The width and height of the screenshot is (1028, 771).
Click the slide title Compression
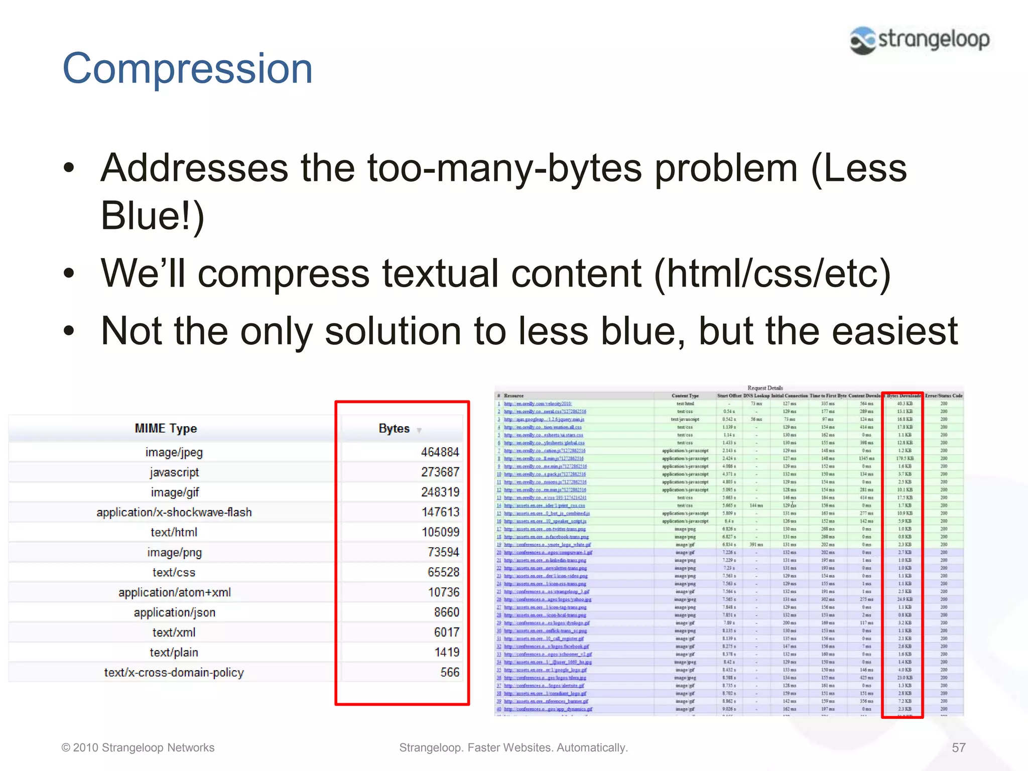point(187,69)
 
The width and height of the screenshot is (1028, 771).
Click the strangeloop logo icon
point(862,40)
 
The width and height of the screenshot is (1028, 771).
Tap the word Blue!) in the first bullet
point(153,216)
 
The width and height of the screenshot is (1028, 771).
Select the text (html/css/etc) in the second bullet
point(772,274)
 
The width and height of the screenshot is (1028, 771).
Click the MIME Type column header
point(166,428)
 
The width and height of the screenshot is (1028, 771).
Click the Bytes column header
point(395,429)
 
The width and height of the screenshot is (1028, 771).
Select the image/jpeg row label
point(174,452)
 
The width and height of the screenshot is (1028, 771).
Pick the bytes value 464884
point(440,452)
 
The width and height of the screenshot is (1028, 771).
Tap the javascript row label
point(174,472)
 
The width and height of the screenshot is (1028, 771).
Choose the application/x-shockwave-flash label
point(174,512)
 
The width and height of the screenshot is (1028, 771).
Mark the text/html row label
point(174,533)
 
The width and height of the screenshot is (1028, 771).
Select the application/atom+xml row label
point(174,592)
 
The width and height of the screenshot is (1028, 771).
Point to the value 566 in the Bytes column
point(450,673)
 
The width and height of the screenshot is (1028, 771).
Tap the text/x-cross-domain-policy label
point(174,673)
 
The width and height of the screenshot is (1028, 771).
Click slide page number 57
point(958,748)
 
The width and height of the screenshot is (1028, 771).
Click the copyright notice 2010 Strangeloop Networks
point(138,748)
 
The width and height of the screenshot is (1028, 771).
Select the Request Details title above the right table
point(764,388)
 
